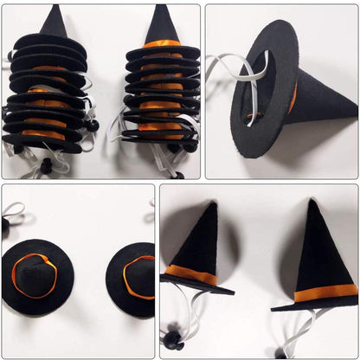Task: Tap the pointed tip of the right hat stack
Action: click(x=160, y=8)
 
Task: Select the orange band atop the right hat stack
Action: click(x=162, y=43)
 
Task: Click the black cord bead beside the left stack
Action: click(x=93, y=126)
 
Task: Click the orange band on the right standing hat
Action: click(x=325, y=293)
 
